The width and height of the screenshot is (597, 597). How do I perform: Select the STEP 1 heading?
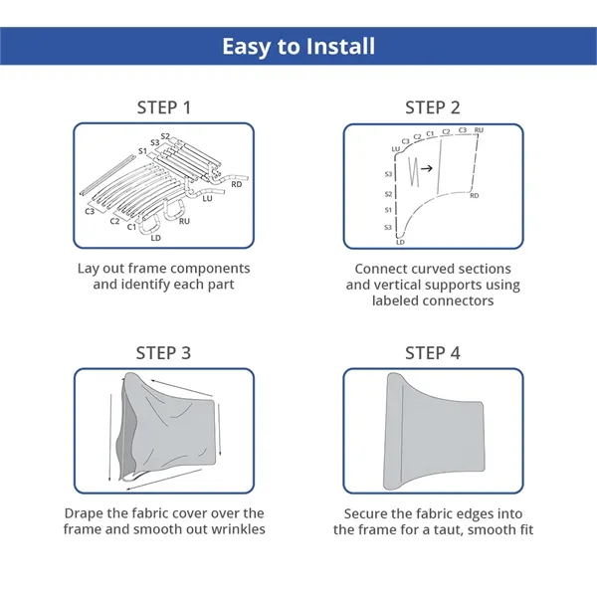click(164, 107)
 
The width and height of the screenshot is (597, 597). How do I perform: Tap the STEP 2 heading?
click(433, 107)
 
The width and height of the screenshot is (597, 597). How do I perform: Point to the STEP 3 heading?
click(163, 353)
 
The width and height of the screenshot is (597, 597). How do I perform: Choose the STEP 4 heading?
click(433, 353)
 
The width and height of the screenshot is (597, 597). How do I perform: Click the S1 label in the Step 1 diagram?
click(142, 151)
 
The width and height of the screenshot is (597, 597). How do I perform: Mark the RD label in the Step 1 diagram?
click(237, 184)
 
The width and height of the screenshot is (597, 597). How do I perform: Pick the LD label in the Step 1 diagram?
click(156, 238)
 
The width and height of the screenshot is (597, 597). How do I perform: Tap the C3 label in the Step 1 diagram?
click(90, 211)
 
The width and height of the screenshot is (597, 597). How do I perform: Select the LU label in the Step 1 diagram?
click(207, 198)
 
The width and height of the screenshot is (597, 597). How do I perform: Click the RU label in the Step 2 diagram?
click(479, 130)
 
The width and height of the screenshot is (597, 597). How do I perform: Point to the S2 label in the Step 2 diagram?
click(388, 194)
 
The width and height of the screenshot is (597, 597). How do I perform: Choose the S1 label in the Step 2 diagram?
click(388, 210)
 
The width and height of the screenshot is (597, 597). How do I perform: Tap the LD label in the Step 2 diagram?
click(400, 242)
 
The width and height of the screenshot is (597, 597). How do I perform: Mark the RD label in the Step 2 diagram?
click(474, 196)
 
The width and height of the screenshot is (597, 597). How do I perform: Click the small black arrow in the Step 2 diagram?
click(427, 168)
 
